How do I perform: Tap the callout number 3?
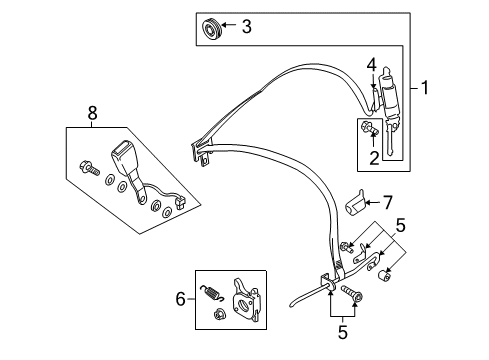point(246,27)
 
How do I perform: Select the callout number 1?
point(427,89)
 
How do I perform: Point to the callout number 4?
point(371,66)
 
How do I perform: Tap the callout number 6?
point(180,297)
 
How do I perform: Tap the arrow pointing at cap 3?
point(228,27)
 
